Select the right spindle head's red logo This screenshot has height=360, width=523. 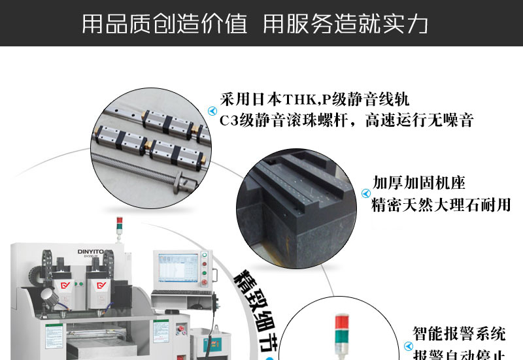[102, 285]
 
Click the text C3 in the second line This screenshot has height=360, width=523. [228, 120]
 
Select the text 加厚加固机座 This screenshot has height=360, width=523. [418, 182]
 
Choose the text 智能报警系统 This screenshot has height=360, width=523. [459, 334]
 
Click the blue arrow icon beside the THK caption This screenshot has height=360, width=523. [211, 111]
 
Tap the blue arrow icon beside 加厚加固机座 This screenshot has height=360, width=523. [365, 193]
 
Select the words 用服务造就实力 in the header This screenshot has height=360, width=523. [345, 24]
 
